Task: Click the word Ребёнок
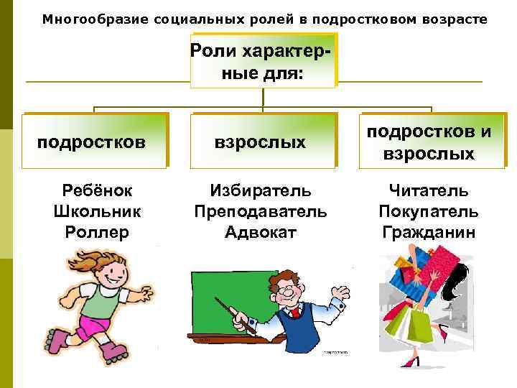coord(97,191)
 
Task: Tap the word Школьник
coord(97,212)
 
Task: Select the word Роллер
coord(97,232)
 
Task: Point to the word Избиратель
coord(261,191)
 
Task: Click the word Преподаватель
coord(261,212)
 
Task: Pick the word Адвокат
coord(261,232)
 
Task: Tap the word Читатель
coord(429,191)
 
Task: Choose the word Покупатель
coord(429,212)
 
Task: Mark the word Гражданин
coord(429,232)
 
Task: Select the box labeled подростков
coord(95,141)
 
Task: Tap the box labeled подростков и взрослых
coord(432,141)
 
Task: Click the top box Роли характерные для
coord(263,62)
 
